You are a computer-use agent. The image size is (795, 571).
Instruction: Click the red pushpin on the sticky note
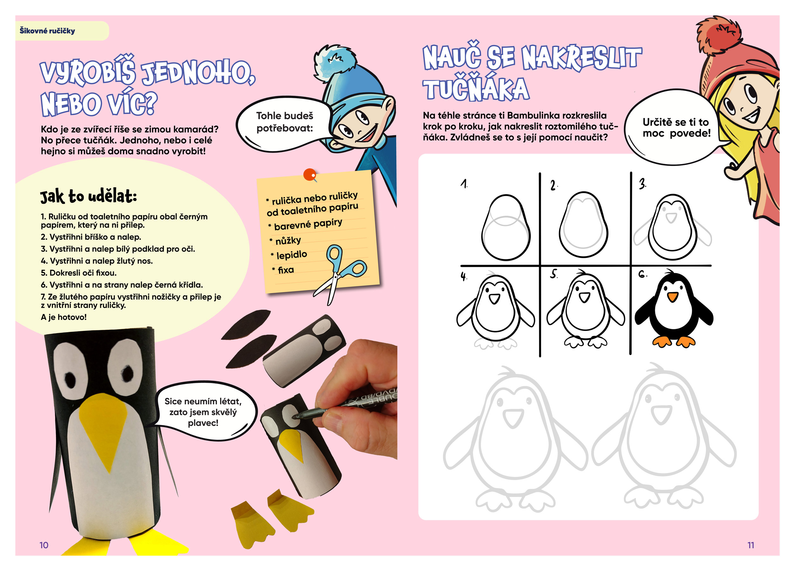click(x=309, y=174)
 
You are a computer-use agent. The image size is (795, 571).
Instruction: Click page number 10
click(x=44, y=545)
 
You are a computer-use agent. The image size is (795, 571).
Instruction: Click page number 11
click(x=750, y=545)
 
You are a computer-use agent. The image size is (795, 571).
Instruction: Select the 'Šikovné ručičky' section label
click(x=47, y=31)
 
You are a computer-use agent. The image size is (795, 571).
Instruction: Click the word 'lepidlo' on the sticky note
click(x=292, y=255)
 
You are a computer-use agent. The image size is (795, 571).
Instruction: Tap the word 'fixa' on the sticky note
click(x=286, y=270)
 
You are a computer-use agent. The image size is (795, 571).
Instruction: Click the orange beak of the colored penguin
click(x=672, y=297)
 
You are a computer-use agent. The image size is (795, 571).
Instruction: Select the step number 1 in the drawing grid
click(x=464, y=184)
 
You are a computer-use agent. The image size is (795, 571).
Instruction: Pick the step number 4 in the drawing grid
click(x=464, y=276)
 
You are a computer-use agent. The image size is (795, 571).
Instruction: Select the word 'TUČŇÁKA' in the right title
click(x=476, y=89)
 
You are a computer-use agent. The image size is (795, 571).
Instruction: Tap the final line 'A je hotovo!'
click(x=64, y=317)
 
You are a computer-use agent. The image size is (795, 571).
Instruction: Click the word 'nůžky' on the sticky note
click(x=288, y=240)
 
